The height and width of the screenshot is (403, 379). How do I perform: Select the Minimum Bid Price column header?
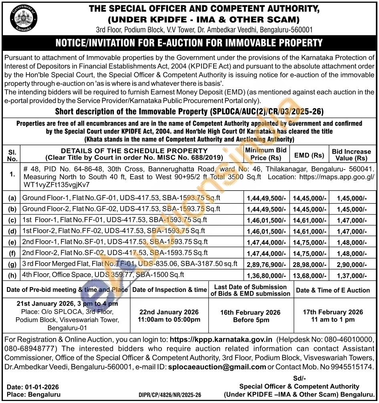(266, 154)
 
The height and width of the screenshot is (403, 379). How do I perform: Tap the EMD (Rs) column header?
(309, 155)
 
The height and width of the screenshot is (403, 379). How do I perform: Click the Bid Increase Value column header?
(351, 155)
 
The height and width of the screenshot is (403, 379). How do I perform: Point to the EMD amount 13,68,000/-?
(309, 275)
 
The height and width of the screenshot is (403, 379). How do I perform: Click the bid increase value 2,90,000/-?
(351, 264)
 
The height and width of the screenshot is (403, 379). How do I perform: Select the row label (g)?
(12, 264)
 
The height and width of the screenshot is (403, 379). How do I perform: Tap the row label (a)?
(12, 198)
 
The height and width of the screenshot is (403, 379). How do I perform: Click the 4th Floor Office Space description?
(103, 275)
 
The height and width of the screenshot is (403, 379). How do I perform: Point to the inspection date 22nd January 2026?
(169, 312)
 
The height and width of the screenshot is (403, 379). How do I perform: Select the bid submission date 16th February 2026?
(251, 312)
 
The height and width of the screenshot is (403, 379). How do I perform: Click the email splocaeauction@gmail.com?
(217, 367)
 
